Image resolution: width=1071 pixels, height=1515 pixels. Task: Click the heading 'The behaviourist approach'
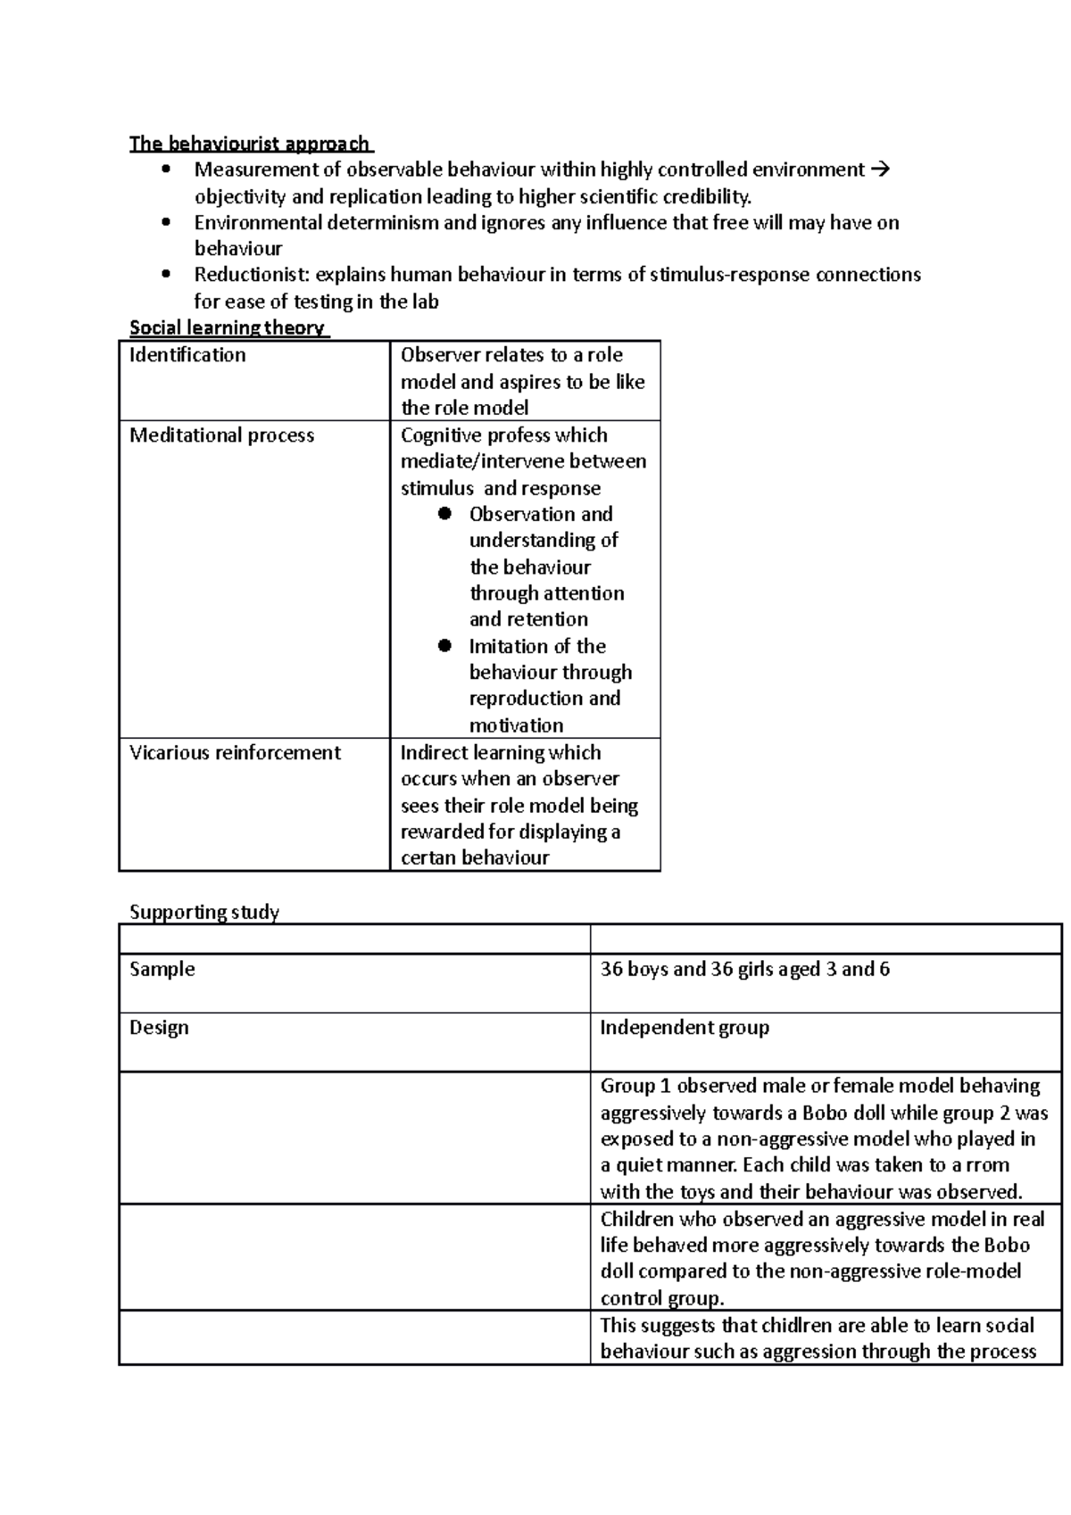click(249, 144)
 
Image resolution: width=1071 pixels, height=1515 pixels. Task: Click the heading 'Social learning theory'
click(228, 327)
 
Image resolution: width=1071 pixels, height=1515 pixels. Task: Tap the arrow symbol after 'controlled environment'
click(879, 170)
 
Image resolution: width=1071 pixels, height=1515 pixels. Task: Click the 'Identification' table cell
click(187, 355)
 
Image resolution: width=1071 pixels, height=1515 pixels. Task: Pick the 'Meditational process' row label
click(221, 435)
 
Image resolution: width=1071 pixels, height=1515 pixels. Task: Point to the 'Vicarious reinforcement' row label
click(235, 753)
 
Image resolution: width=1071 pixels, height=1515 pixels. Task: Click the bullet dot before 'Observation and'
click(445, 514)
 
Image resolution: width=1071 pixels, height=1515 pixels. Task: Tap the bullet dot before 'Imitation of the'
click(445, 646)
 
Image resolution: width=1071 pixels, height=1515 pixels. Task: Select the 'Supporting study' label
click(204, 912)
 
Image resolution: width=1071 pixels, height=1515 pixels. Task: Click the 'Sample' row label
click(162, 969)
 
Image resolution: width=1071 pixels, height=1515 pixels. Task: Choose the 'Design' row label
click(159, 1028)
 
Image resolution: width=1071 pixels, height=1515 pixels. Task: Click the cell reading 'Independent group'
click(684, 1028)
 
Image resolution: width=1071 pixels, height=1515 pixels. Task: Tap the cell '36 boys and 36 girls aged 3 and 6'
click(744, 969)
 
